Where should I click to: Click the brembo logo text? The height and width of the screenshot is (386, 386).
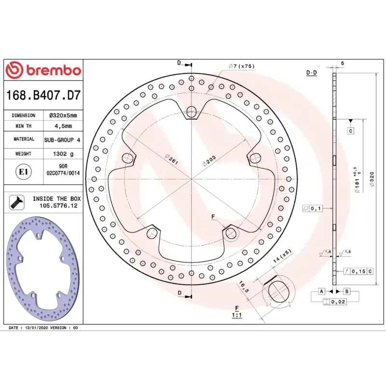(x=54, y=70)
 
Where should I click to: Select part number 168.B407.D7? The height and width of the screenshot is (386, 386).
(x=43, y=95)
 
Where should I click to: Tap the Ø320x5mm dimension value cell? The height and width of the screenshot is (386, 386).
(x=63, y=115)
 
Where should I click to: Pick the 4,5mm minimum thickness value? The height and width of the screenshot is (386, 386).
(x=63, y=126)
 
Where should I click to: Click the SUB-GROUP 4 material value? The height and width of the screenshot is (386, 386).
(x=62, y=140)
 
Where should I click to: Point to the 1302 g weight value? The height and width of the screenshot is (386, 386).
(x=63, y=154)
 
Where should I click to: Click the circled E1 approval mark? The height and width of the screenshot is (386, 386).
(x=23, y=172)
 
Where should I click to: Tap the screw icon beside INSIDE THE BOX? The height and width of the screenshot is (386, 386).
(x=17, y=202)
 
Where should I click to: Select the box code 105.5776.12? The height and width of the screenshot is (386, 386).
(x=58, y=206)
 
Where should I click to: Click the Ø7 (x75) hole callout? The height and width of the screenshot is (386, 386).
(x=242, y=66)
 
